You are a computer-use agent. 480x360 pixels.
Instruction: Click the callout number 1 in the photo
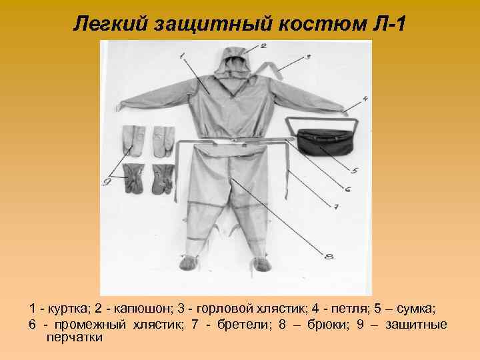(x=183, y=57)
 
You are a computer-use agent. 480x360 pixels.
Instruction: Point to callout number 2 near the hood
(x=263, y=46)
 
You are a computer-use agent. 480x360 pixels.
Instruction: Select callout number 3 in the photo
(x=308, y=57)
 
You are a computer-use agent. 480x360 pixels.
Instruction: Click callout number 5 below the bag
(x=355, y=171)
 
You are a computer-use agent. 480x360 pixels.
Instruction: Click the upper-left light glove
(x=133, y=139)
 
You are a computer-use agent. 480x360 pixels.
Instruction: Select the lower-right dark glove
(x=163, y=178)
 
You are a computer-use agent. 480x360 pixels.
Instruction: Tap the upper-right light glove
(x=162, y=139)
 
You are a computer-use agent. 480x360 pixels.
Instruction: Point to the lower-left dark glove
(x=133, y=178)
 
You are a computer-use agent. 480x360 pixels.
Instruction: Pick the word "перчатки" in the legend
(x=74, y=338)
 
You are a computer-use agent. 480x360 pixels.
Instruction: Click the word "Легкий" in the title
(x=110, y=24)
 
